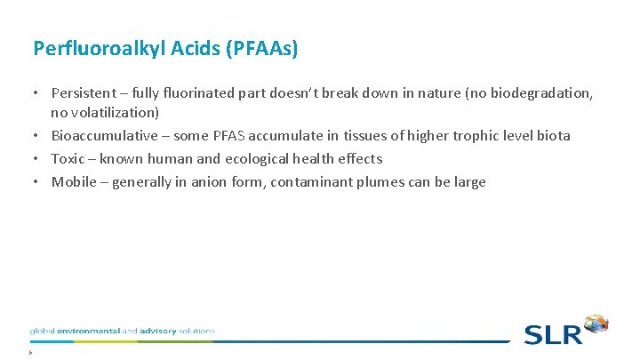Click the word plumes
pos(363,182)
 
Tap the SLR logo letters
pos(553,334)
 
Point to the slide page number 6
pos(30,351)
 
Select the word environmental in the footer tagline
pos(86,331)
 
